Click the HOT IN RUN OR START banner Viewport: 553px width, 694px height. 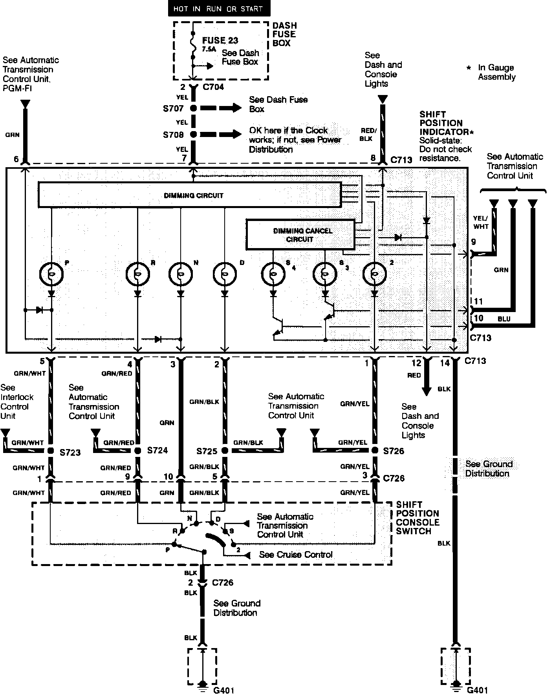(219, 9)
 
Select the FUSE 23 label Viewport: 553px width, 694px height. (220, 40)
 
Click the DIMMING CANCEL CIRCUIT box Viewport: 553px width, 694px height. (300, 235)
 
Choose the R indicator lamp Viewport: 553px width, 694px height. (137, 274)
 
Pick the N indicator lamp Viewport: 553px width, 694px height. (181, 274)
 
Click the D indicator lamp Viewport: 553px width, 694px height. (225, 274)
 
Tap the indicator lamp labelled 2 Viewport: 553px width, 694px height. (374, 274)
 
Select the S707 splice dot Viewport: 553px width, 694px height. (193, 108)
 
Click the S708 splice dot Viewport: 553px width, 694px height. (193, 134)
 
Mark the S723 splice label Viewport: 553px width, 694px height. (70, 453)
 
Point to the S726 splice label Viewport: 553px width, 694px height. (394, 451)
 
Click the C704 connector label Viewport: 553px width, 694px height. (213, 87)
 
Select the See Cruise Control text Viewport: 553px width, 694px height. (296, 555)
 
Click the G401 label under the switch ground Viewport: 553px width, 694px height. (223, 689)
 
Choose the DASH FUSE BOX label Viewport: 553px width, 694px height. (284, 34)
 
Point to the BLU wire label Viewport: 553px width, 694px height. (504, 319)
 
